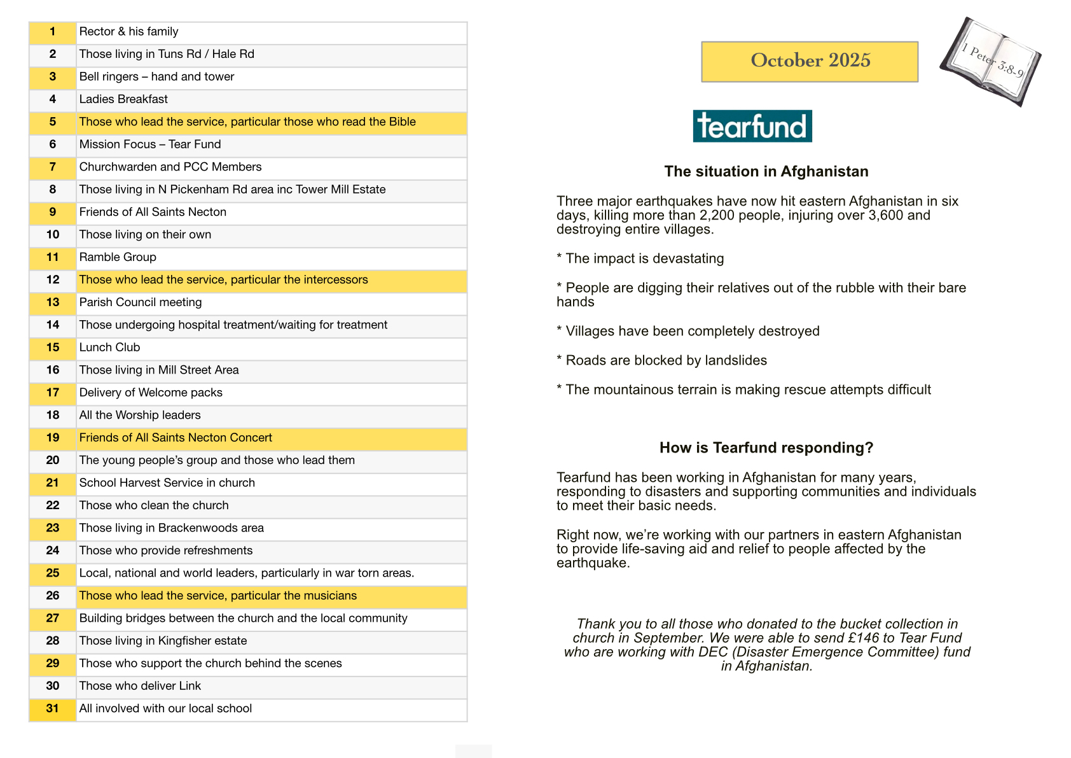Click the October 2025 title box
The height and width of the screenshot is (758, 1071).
click(x=809, y=61)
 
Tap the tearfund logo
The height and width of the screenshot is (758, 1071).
click(x=752, y=126)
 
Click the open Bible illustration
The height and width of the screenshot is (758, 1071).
click(x=991, y=61)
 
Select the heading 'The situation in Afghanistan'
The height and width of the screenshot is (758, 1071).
click(x=766, y=171)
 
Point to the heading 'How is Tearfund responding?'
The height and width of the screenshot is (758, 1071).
click(x=766, y=447)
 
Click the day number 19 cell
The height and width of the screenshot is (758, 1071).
click(x=53, y=438)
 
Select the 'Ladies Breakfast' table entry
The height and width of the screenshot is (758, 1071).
click(x=123, y=99)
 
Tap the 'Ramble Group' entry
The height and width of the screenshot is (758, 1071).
click(x=118, y=257)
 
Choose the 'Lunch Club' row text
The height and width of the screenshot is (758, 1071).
click(x=109, y=347)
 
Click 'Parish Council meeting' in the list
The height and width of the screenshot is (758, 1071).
click(x=141, y=302)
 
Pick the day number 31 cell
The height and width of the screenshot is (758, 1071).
click(x=53, y=708)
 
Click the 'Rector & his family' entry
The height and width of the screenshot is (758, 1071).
click(x=128, y=32)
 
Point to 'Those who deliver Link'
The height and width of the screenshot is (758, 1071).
click(x=140, y=686)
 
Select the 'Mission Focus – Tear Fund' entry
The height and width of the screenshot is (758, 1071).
click(x=150, y=144)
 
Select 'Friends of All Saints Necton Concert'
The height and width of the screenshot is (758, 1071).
click(x=176, y=438)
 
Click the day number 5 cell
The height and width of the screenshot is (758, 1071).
click(x=53, y=122)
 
